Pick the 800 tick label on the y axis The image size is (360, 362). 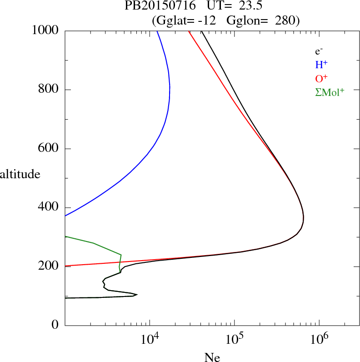tap(49, 90)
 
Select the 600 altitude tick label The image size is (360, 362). tap(49, 149)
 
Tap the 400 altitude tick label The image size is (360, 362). tap(49, 207)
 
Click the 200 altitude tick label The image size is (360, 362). tap(49, 266)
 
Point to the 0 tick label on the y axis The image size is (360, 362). tap(56, 325)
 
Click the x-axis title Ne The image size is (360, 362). tap(212, 357)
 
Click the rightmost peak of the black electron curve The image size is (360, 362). tap(303, 219)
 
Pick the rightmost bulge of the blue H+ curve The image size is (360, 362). tap(170, 89)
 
